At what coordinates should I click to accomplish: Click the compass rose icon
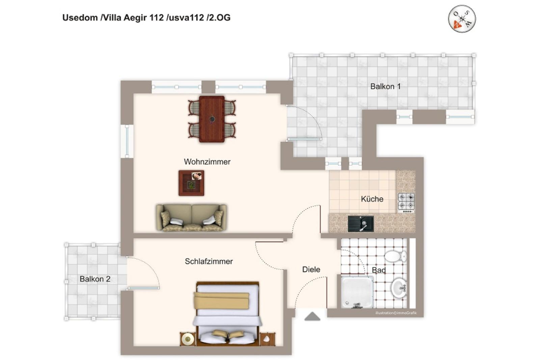(x=462, y=19)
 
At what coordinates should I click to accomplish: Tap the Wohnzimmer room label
(x=207, y=162)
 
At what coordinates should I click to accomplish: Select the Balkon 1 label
(x=385, y=86)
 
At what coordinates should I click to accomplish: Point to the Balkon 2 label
(x=95, y=279)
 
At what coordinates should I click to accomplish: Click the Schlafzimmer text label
(x=209, y=261)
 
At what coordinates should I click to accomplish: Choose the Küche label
(x=372, y=199)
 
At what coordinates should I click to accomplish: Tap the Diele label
(x=311, y=269)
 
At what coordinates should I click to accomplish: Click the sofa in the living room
(x=191, y=218)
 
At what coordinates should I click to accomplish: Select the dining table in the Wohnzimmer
(x=212, y=119)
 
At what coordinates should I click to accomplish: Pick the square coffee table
(x=191, y=183)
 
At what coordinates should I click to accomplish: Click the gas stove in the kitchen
(x=406, y=203)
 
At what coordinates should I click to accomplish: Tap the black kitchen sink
(x=361, y=224)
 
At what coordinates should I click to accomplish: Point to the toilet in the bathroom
(x=396, y=256)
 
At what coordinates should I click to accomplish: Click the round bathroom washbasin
(x=399, y=288)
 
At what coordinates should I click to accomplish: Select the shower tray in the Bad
(x=357, y=292)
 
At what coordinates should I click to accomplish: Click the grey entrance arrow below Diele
(x=313, y=316)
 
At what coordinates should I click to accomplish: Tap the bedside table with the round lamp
(x=188, y=339)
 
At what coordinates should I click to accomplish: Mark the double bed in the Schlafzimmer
(x=227, y=314)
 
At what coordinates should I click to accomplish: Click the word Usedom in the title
(x=80, y=18)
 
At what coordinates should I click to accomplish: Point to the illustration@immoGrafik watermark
(x=396, y=313)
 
